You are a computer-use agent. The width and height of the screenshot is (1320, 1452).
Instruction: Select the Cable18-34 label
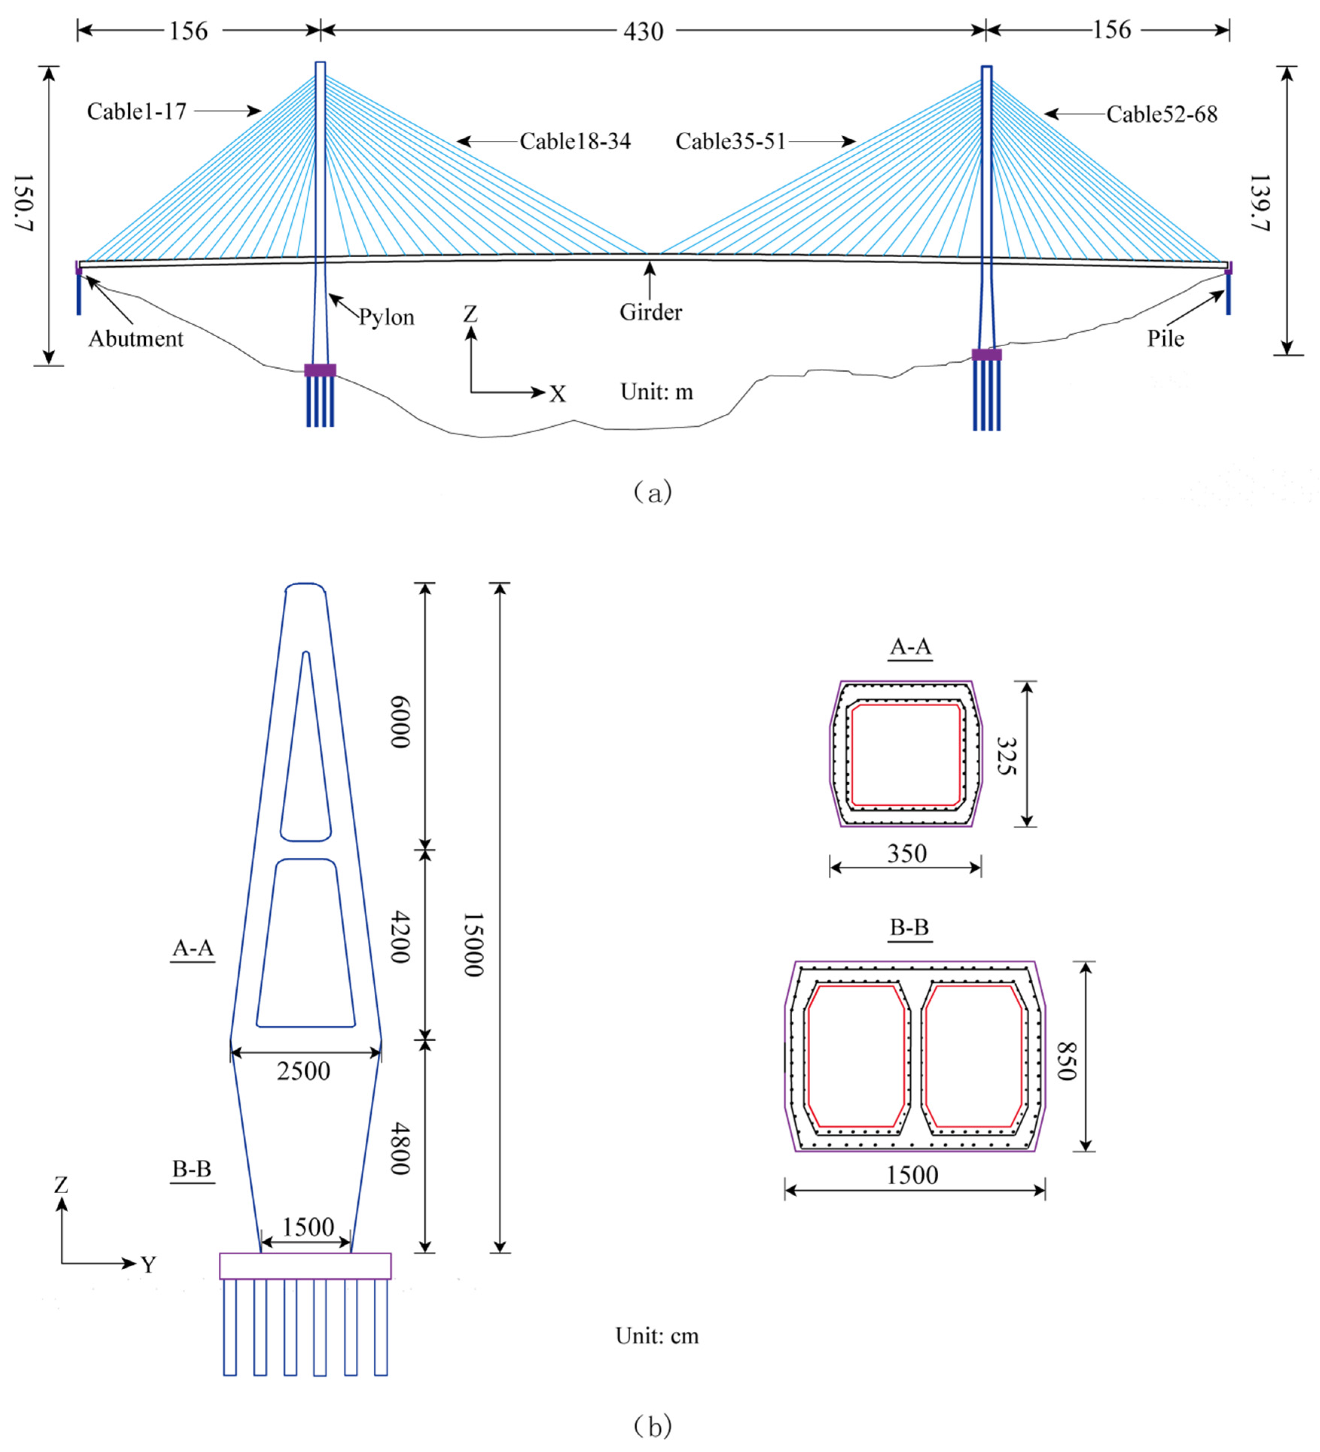coord(575,141)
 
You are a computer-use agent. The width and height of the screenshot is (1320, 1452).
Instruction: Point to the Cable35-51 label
coord(730,141)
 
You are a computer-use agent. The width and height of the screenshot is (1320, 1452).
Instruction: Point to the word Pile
coord(1165,339)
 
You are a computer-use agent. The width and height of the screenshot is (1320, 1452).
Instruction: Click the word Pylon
coord(387,318)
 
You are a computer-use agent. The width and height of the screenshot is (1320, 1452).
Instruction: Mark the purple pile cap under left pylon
coord(320,370)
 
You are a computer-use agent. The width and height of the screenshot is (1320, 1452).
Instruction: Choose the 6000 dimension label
coord(400,722)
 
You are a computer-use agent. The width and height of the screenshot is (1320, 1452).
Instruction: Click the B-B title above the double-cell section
coord(910,928)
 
